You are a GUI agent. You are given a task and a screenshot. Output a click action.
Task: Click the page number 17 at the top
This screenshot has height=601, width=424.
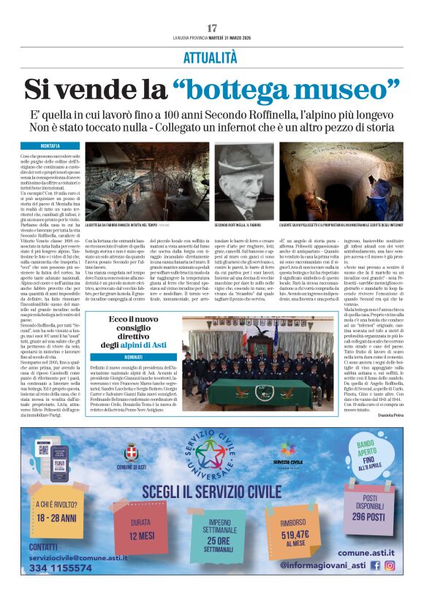(x=212, y=28)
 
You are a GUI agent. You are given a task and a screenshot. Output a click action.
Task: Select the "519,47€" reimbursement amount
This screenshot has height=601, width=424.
(x=295, y=535)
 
